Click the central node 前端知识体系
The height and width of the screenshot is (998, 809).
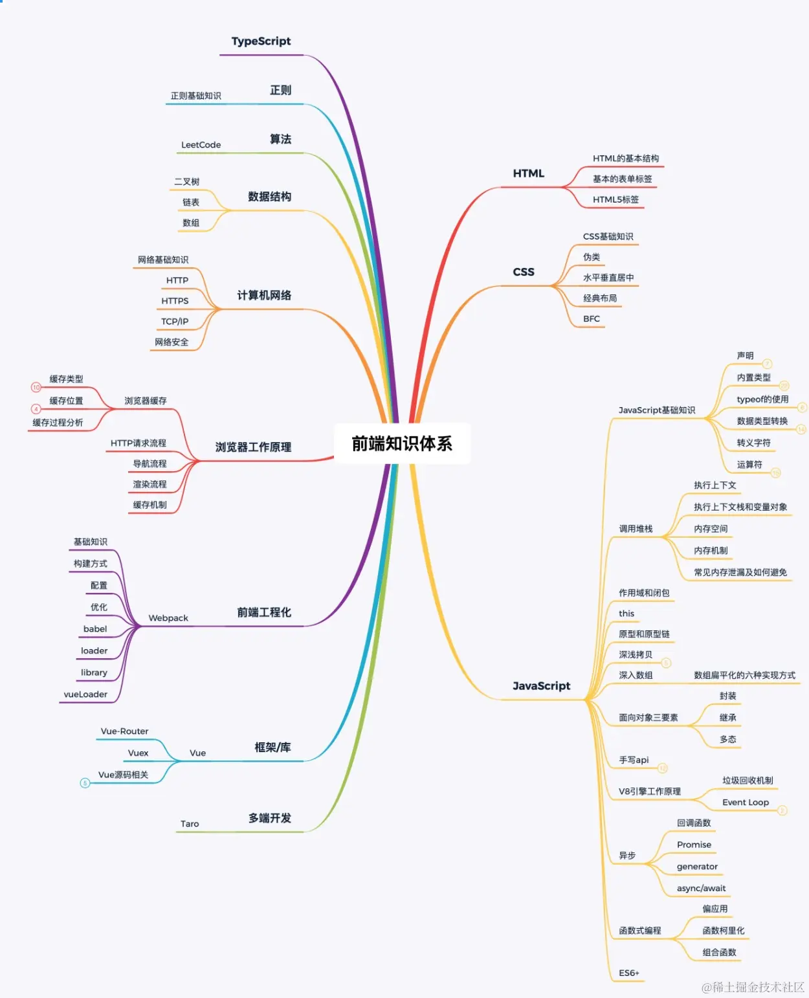402,443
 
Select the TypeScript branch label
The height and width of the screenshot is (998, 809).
261,41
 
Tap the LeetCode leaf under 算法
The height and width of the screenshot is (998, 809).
201,145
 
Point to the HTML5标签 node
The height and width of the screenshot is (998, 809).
615,199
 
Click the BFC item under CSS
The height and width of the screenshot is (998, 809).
592,318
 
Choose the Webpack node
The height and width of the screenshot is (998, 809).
168,618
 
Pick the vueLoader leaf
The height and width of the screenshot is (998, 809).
85,694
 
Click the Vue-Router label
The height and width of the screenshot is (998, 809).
124,731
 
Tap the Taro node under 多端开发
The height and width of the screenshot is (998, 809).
190,824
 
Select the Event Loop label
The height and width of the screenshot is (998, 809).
746,803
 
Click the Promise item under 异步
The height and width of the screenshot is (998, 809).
694,845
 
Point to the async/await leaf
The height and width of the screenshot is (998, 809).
701,889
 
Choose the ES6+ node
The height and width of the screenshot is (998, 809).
628,973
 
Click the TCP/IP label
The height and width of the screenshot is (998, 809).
175,322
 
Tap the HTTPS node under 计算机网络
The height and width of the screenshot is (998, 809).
175,301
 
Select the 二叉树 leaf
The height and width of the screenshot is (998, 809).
186,182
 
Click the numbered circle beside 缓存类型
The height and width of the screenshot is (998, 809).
36,387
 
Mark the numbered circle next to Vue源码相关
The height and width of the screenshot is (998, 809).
85,783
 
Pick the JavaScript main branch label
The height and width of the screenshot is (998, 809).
541,686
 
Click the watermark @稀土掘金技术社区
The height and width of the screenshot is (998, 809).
753,987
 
